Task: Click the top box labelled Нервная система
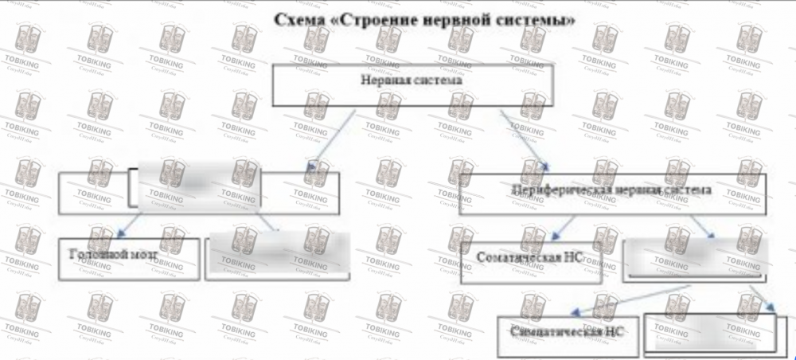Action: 412,84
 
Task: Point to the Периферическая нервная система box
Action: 611,194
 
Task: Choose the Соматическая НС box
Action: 530,259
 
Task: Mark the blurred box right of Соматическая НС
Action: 695,258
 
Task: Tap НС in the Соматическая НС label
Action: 572,258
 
